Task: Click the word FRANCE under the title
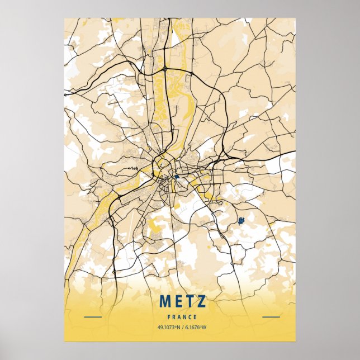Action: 182,317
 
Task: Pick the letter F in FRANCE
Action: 169,317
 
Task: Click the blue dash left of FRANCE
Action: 92,317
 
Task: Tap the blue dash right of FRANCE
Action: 271,317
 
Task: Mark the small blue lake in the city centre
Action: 176,177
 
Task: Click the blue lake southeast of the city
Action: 241,221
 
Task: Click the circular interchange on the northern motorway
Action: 166,68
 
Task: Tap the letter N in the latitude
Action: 176,328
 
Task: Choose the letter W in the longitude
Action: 205,328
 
